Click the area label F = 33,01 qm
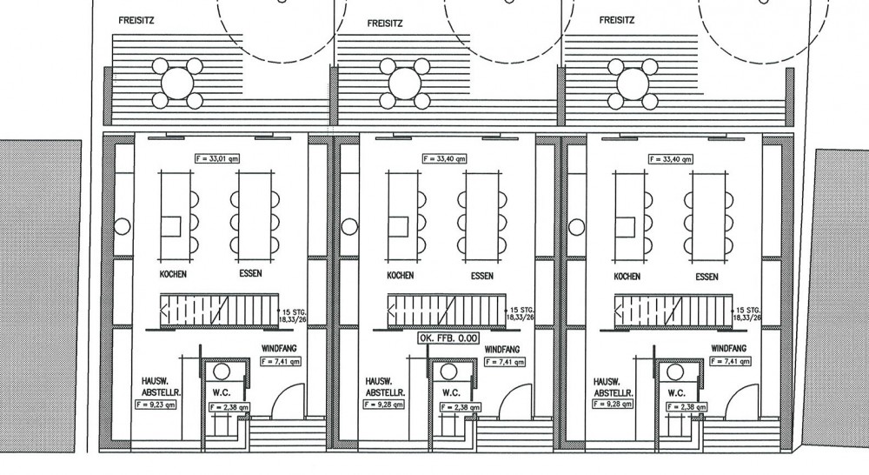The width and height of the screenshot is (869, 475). (217, 158)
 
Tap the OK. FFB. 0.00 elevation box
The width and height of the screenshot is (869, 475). (449, 338)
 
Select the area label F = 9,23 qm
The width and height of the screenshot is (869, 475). (156, 405)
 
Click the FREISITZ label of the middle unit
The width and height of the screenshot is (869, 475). (385, 23)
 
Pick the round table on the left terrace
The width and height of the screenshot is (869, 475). (177, 84)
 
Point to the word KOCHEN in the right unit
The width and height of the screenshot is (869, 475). (627, 277)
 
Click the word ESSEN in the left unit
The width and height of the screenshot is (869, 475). (250, 273)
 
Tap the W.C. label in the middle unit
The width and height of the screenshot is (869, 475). (451, 393)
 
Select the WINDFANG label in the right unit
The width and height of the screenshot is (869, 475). (729, 349)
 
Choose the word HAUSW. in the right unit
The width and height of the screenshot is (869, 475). (605, 382)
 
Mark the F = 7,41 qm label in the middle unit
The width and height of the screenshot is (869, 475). (505, 363)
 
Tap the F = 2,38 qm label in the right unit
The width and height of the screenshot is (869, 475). (687, 407)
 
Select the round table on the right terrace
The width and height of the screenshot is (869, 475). (633, 84)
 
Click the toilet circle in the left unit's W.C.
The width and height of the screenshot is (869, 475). (222, 371)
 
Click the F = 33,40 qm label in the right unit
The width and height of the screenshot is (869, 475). (671, 159)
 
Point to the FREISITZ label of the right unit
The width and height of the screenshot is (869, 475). (617, 20)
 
